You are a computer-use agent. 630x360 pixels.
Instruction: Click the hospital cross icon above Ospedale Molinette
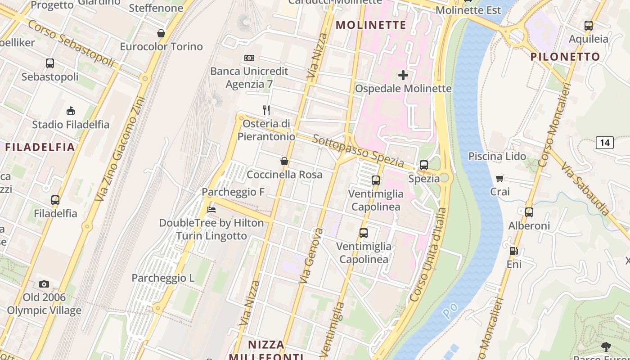tap(403, 75)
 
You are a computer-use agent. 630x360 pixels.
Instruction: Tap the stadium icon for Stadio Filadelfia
tap(71, 111)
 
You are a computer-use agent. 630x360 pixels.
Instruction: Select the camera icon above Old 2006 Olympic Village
tap(44, 284)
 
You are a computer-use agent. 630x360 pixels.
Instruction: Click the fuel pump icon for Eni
tap(513, 251)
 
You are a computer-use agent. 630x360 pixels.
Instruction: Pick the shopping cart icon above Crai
tap(499, 179)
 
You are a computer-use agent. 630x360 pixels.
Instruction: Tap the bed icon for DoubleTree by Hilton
tap(211, 210)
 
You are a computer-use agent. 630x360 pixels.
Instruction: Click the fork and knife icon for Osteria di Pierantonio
tap(266, 110)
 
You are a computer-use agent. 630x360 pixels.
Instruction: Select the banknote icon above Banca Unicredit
tap(249, 58)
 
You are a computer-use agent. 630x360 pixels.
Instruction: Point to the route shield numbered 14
tap(604, 143)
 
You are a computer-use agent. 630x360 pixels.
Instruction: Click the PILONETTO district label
tap(565, 57)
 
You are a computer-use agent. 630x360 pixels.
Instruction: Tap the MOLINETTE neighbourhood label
tap(371, 25)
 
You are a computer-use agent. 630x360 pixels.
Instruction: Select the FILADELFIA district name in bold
tap(40, 147)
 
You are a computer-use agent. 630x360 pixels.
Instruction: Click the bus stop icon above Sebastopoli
tap(50, 63)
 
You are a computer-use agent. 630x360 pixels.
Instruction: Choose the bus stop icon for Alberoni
tap(529, 212)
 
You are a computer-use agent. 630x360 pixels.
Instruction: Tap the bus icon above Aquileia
tap(588, 26)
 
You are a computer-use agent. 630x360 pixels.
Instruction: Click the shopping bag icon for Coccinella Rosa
tap(284, 161)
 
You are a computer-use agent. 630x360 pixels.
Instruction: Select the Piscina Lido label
tap(497, 156)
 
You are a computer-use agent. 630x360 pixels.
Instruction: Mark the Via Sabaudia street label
tap(585, 189)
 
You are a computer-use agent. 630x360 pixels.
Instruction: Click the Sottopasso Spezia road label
tap(358, 151)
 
